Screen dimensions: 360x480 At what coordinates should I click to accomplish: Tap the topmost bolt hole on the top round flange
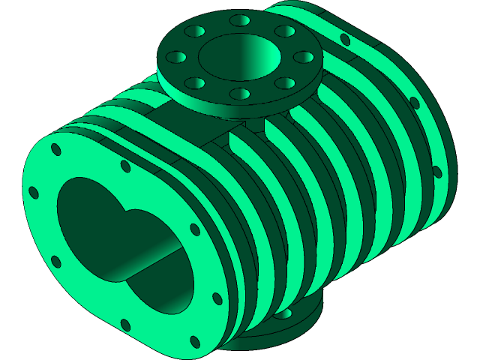[x=240, y=19]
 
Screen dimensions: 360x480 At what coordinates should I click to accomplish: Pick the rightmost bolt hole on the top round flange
[x=302, y=57]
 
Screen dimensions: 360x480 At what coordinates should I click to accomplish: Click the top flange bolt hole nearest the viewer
[x=240, y=94]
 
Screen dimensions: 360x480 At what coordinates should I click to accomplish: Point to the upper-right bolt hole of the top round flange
[x=285, y=31]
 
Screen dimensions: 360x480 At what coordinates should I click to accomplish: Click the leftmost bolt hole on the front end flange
[x=33, y=193]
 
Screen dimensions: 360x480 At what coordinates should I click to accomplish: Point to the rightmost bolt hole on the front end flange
[x=217, y=298]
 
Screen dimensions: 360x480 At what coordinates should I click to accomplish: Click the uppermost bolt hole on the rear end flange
[x=345, y=39]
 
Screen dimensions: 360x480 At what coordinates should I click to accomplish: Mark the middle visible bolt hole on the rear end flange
[x=413, y=103]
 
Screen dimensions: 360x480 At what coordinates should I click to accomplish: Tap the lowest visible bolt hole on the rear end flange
[x=437, y=173]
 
